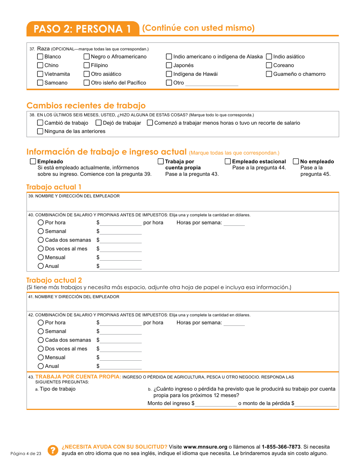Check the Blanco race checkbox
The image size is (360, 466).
tap(40, 56)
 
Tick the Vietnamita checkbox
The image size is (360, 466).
tap(40, 74)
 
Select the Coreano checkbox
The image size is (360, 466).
tap(269, 65)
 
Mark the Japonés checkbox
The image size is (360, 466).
tap(169, 65)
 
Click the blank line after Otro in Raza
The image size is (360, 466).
tap(211, 83)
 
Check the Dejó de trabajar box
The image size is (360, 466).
tap(99, 123)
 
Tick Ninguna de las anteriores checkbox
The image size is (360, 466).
tap(40, 131)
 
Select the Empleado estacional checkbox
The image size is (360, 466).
tap(228, 161)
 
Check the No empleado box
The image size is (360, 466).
tap(296, 161)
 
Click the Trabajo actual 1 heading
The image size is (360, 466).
tap(54, 187)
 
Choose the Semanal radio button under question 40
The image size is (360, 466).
tap(41, 231)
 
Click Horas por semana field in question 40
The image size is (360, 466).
tap(234, 223)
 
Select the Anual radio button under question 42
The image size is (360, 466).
tap(41, 366)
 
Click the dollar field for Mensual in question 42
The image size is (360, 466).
tap(121, 358)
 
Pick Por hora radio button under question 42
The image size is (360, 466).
tap(41, 322)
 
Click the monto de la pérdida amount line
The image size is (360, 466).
tap(316, 404)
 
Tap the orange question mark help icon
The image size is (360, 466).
tap(53, 450)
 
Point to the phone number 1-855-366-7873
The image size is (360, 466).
tap(281, 447)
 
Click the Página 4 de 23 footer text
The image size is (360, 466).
tap(26, 453)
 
